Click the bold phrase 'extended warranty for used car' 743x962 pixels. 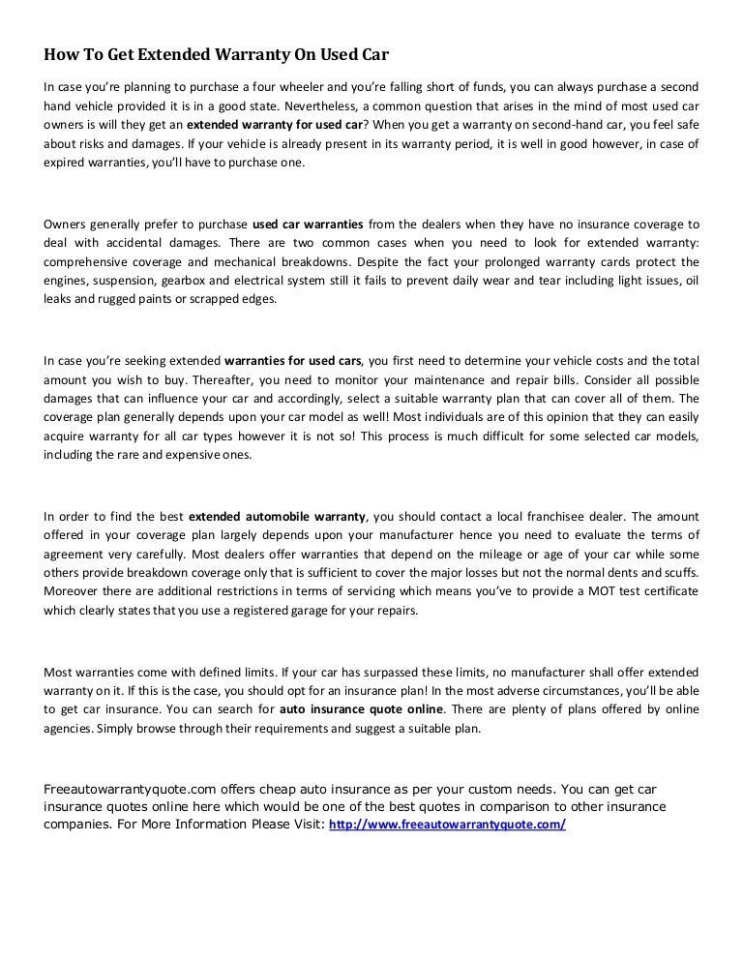(275, 126)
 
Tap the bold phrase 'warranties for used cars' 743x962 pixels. (293, 361)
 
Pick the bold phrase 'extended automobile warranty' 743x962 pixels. (278, 517)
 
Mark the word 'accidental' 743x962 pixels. (124, 243)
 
